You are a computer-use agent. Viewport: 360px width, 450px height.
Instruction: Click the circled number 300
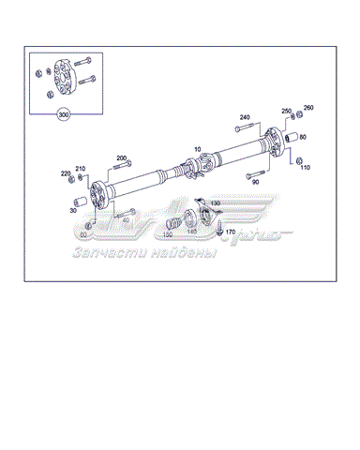click(65, 115)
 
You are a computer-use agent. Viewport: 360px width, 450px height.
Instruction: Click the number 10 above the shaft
click(198, 149)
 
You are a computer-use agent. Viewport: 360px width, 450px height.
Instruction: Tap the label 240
click(245, 117)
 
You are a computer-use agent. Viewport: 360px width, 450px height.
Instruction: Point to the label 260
click(308, 108)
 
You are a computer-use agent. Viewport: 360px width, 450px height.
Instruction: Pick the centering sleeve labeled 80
click(291, 140)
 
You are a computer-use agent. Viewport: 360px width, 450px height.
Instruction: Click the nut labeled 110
click(299, 160)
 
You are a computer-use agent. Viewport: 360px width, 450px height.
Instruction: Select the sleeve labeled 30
click(81, 202)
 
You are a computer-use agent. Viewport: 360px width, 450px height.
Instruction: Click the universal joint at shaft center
click(192, 172)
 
